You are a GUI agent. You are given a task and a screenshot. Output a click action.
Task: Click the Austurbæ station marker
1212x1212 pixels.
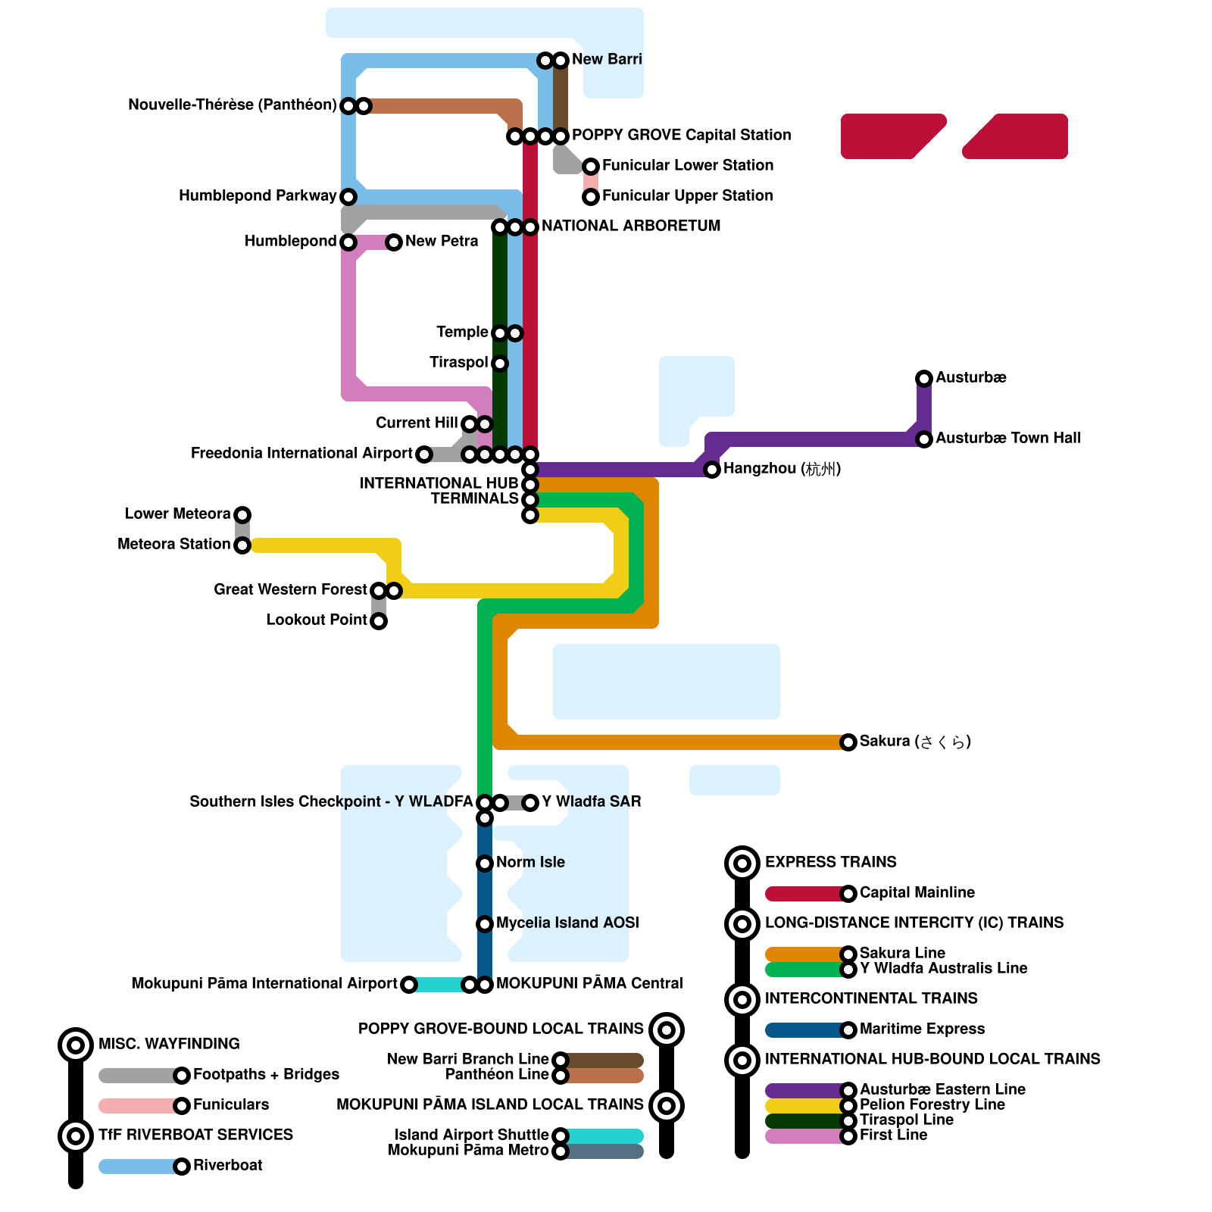coord(924,378)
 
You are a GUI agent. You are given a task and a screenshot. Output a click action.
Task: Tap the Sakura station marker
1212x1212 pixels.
coord(848,742)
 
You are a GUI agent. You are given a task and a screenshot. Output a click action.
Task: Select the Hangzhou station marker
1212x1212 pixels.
coord(712,470)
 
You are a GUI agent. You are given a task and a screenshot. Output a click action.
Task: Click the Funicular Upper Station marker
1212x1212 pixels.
coord(591,197)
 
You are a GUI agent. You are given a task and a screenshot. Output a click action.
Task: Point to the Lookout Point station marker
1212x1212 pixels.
coord(379,621)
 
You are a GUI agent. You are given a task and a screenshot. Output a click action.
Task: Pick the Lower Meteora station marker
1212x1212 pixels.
coord(242,515)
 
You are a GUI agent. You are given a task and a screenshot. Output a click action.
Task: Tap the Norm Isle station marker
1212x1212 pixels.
coord(485,863)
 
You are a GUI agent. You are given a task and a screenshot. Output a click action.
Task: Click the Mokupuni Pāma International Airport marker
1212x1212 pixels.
coord(409,985)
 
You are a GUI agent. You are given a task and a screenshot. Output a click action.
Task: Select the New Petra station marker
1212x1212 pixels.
coord(394,242)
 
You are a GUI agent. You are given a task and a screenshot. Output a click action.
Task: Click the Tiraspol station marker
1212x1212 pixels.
coord(500,364)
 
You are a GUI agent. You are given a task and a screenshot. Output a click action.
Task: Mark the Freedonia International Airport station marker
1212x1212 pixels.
coord(424,454)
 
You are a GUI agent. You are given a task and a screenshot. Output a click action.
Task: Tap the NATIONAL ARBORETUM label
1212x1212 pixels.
coord(631,226)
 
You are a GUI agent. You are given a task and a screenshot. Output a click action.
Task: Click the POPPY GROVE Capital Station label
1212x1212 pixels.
coord(681,135)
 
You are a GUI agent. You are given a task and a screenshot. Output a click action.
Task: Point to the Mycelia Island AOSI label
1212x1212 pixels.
coord(567,923)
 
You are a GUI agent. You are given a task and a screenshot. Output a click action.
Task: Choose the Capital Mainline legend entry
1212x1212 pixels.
coord(917,892)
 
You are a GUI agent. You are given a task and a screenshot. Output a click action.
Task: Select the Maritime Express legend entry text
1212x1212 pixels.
coord(922,1029)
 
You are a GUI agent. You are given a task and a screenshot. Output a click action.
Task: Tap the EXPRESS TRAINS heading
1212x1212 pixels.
coord(830,862)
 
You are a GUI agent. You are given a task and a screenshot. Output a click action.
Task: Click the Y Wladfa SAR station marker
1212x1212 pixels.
coord(530,802)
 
